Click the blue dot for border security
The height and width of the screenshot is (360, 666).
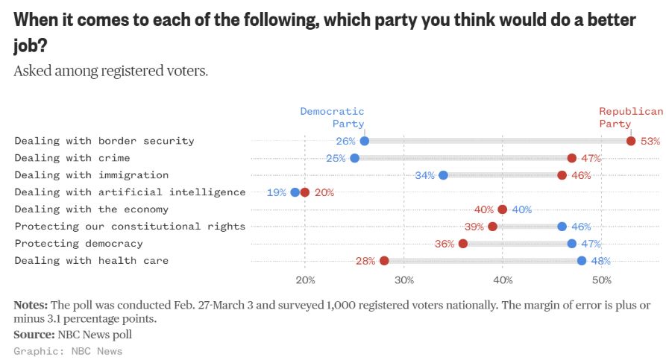[x=364, y=141]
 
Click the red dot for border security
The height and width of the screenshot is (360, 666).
[x=631, y=141]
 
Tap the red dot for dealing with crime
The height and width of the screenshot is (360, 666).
[x=571, y=158]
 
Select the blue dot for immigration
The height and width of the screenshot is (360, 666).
[x=443, y=175]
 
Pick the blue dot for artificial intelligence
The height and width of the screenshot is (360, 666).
[x=295, y=192]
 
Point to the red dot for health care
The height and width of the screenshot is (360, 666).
[x=384, y=261]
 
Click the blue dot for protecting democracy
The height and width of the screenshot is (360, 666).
[x=571, y=244]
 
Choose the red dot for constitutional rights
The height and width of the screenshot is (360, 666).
[x=492, y=227]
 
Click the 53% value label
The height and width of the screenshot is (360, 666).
[x=650, y=141]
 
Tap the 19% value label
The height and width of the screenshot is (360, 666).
[x=276, y=192]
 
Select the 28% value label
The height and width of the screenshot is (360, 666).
[x=365, y=261]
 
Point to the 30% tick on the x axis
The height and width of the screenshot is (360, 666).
[x=403, y=280]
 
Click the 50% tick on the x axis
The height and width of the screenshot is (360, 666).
[x=601, y=280]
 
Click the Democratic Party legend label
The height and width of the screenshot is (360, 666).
[x=333, y=117]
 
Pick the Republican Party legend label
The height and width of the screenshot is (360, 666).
[x=631, y=117]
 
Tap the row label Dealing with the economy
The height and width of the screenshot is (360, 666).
[x=91, y=209]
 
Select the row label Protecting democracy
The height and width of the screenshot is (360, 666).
[x=78, y=244]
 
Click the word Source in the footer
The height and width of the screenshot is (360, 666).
[x=34, y=335]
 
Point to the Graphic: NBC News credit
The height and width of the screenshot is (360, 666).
[x=68, y=351]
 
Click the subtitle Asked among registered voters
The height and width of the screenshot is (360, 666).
[x=111, y=72]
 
